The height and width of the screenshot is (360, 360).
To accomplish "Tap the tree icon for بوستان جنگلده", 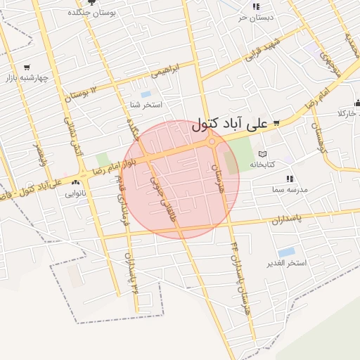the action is [91, 4].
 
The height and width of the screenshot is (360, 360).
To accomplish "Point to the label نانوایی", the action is [75, 192].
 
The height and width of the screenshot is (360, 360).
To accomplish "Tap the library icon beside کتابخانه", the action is [262, 154].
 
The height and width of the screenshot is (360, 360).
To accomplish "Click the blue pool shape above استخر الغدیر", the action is [286, 252].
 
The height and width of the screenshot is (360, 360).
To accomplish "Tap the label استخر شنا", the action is [146, 105].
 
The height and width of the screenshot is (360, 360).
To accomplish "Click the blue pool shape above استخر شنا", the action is [146, 94].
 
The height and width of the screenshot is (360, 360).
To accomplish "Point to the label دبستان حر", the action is [255, 17].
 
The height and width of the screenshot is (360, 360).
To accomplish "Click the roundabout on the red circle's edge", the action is [212, 143].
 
